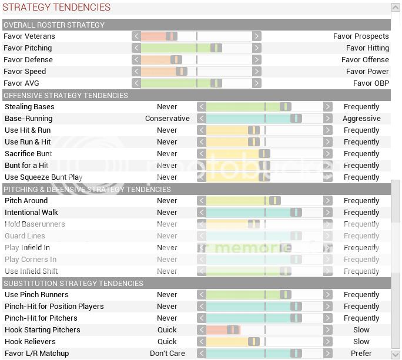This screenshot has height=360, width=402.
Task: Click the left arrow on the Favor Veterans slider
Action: coord(136,36)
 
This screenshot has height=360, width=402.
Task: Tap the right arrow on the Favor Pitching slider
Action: coord(257,48)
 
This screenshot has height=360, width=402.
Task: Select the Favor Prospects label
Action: coord(361,36)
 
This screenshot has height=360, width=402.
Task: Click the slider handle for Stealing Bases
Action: coord(285,107)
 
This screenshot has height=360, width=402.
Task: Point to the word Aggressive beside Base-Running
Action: coord(361,119)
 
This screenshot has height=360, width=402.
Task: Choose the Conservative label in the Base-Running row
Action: coord(168,119)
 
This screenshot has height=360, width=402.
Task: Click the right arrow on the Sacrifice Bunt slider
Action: coord(328,154)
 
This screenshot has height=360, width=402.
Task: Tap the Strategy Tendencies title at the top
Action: coord(57,8)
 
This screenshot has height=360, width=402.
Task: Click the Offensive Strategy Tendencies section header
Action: coord(66,95)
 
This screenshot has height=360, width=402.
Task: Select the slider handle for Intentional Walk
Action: coord(296,213)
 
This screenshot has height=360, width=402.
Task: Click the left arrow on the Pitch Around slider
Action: coord(202,201)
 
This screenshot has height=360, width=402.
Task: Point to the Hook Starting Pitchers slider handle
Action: coord(233,330)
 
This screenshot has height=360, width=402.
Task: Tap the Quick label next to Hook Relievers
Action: coord(167,342)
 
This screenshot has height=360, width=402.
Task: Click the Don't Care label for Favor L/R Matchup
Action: coord(168,354)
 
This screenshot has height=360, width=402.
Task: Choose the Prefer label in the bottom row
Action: coord(361,354)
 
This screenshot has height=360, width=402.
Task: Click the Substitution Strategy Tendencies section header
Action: coord(73,283)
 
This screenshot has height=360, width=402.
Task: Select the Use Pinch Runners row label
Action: coord(36,295)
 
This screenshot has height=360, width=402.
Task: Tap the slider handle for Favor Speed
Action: coord(181,72)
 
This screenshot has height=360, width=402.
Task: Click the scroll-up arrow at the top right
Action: coord(396,8)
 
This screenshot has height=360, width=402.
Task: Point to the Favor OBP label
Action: coord(371,83)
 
